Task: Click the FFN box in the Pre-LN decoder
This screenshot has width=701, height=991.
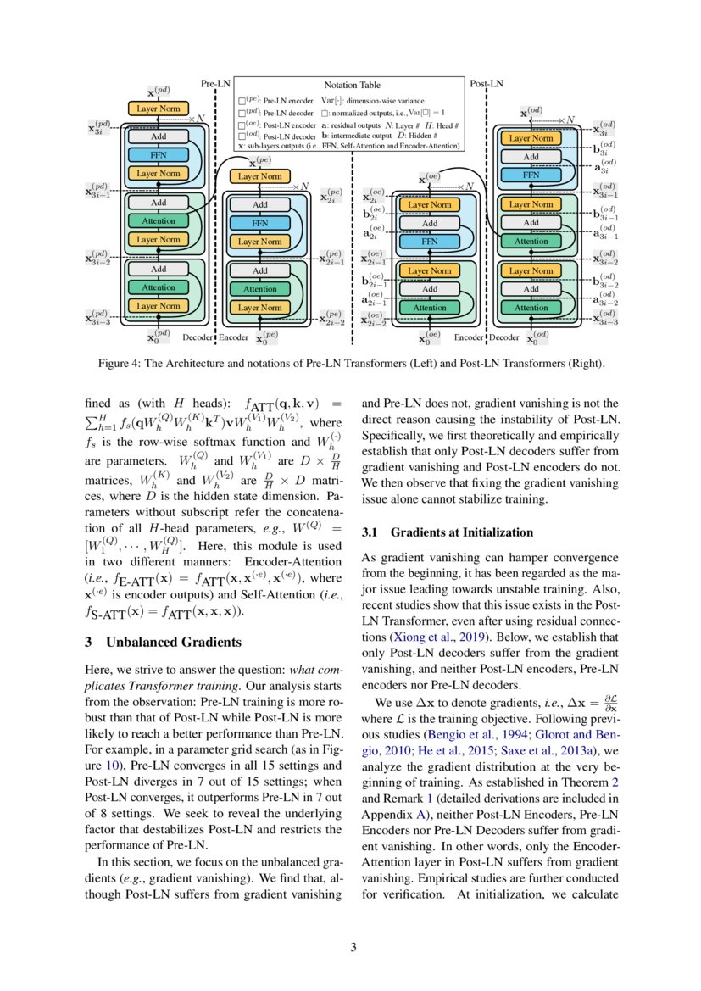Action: click(x=159, y=155)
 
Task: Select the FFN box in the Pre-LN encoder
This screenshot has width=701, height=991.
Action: click(x=259, y=223)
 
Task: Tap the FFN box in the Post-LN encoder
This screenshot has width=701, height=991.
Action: click(x=429, y=242)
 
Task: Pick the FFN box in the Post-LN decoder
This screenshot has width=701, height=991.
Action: click(x=531, y=175)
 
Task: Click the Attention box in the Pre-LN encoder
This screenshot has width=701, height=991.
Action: click(x=259, y=289)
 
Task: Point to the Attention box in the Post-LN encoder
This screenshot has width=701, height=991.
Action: click(x=429, y=308)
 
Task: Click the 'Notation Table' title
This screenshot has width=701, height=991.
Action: click(x=352, y=85)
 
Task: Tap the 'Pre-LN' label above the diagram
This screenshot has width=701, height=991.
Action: click(x=214, y=84)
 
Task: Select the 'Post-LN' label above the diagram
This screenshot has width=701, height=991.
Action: click(x=486, y=84)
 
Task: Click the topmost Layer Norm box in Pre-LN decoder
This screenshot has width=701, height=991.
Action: click(x=159, y=109)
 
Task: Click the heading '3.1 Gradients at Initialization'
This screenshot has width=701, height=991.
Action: click(x=448, y=532)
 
